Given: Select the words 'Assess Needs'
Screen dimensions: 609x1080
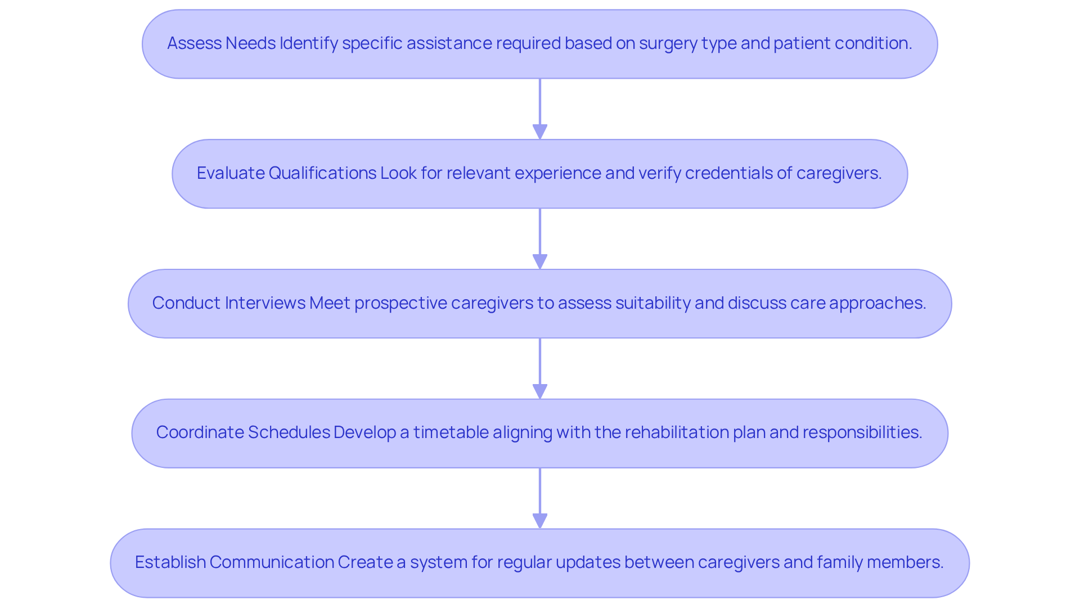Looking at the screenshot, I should pyautogui.click(x=221, y=43).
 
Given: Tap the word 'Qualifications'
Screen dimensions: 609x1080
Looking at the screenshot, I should pyautogui.click(x=322, y=173).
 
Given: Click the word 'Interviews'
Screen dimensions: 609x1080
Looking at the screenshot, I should pyautogui.click(x=265, y=303).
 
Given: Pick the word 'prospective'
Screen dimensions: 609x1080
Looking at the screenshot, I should pyautogui.click(x=400, y=303).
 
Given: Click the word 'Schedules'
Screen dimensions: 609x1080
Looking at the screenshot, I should pyautogui.click(x=289, y=432).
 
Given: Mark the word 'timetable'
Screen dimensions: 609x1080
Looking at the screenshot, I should pyautogui.click(x=451, y=432).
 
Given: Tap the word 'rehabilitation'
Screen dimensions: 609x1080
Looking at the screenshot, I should pyautogui.click(x=677, y=432).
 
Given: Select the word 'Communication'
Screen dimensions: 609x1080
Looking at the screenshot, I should pyautogui.click(x=272, y=562).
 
